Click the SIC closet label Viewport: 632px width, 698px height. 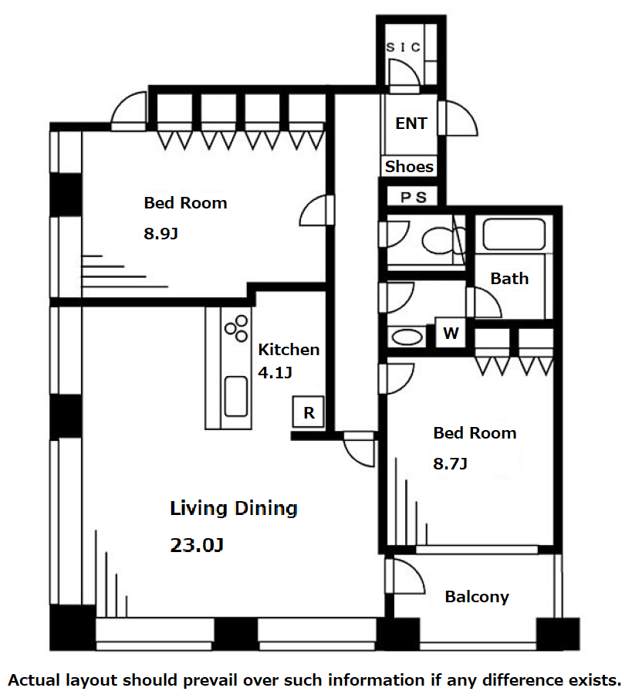point(403,47)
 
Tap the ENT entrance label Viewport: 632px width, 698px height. point(411,124)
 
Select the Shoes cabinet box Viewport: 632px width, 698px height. point(409,166)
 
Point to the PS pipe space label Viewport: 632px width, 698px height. point(414,197)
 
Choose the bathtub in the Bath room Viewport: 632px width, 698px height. point(514,234)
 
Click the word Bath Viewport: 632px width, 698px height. point(510,279)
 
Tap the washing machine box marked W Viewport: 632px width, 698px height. point(451,333)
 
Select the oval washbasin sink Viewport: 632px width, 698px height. point(407,337)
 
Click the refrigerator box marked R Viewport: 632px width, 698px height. point(308,412)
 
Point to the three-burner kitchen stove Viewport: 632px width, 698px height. point(236,328)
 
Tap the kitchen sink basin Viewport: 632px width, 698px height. point(236,396)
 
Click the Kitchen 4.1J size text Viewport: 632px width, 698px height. point(275,373)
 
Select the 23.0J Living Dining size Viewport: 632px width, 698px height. point(196,545)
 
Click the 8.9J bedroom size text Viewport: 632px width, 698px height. point(161,233)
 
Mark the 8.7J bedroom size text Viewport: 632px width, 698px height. point(450,463)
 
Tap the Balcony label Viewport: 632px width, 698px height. point(477,597)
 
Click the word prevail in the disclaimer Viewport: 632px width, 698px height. point(207,681)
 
